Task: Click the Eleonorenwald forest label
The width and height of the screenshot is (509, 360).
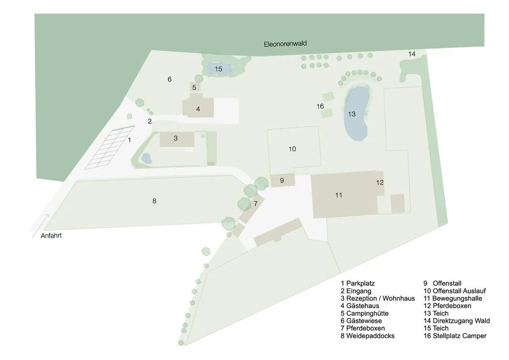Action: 285,44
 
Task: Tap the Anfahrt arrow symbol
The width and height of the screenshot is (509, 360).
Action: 41,226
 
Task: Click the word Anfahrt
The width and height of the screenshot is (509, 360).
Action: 51,236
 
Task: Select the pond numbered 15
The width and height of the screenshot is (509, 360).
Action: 219,69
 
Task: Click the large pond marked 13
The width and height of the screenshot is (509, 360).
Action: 357,113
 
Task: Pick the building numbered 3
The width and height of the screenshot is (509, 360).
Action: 177,139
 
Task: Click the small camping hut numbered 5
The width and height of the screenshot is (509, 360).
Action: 195,87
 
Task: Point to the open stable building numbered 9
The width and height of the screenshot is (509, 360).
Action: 283,180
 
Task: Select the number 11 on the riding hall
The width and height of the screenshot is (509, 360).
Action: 339,195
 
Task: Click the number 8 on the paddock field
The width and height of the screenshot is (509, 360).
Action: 154,201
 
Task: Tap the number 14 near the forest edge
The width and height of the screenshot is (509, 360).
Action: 412,54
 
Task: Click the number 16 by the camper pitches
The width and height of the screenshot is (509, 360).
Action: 320,106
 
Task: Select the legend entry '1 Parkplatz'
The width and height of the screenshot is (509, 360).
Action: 357,283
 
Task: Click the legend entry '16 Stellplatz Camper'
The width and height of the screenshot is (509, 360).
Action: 455,336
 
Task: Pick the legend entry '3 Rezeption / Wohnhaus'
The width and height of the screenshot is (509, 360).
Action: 378,298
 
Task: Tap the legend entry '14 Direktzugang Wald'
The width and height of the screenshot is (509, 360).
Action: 456,321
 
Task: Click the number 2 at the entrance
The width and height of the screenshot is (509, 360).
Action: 150,121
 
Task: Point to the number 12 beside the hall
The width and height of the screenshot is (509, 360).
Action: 380,182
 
